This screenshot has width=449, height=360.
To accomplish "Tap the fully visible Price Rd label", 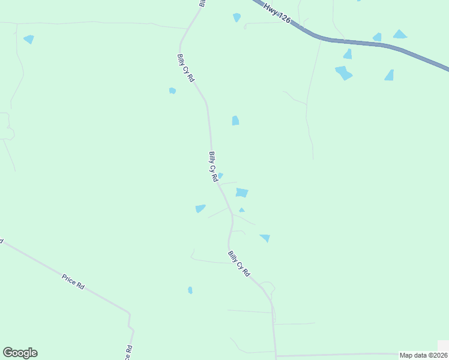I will click(x=73, y=281).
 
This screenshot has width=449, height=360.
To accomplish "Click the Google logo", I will click(x=20, y=353).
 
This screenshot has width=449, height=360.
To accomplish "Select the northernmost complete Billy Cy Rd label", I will click(x=185, y=68).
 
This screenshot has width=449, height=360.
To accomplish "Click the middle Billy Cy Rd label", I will click(x=213, y=166).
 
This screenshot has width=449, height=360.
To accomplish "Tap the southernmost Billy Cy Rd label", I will click(x=239, y=263).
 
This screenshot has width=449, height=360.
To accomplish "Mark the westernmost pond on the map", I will click(x=28, y=39).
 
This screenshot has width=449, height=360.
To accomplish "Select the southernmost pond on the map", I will click(x=190, y=290).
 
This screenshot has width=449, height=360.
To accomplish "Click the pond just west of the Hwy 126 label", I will click(x=237, y=17).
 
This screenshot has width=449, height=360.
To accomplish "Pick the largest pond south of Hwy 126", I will click(x=343, y=73).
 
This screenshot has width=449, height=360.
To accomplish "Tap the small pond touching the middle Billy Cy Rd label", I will click(x=220, y=176).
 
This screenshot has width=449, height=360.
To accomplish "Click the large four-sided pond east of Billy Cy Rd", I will click(x=242, y=193).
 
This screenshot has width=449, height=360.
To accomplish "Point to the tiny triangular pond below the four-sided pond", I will click(x=241, y=210).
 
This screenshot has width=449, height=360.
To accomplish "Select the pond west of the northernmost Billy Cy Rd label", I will click(x=172, y=91).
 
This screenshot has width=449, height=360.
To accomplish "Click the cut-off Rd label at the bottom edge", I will click(x=128, y=353).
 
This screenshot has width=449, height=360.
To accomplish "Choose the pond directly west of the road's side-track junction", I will click(x=200, y=208).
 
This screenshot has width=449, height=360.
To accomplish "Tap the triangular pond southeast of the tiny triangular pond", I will click(x=265, y=238).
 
